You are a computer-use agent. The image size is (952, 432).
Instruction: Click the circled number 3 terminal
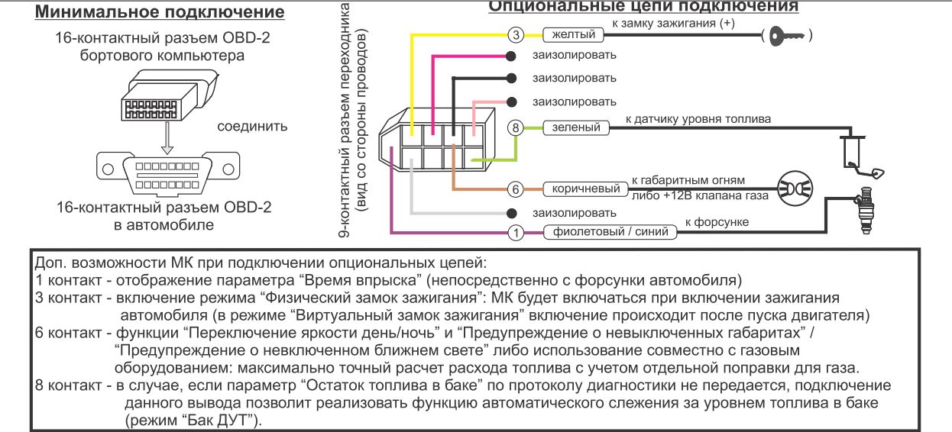tap(516, 35)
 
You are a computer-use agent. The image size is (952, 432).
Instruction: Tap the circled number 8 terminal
tap(516, 127)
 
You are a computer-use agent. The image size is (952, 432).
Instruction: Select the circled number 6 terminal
tap(516, 189)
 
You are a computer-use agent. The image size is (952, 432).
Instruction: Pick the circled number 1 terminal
tap(516, 233)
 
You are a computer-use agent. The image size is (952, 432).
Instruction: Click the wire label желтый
tap(573, 34)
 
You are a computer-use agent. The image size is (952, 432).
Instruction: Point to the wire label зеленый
tap(576, 127)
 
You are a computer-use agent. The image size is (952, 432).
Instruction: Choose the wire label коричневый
tap(586, 189)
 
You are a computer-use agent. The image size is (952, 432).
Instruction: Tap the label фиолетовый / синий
tap(610, 232)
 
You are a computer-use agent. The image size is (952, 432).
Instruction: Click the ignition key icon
tap(787, 36)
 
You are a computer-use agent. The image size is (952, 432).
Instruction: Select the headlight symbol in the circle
tap(795, 189)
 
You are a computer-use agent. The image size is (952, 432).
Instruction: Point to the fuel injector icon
tap(865, 211)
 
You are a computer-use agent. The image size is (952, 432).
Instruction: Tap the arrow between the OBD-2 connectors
tap(167, 138)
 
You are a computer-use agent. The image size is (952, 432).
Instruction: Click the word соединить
tap(252, 126)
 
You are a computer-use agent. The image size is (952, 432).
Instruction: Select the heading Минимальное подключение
tap(160, 11)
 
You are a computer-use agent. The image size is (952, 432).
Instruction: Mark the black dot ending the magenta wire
tap(511, 56)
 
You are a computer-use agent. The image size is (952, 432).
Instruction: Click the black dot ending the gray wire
tap(512, 213)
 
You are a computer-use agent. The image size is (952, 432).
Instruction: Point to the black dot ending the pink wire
tap(512, 102)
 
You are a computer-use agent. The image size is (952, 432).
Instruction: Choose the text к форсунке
tap(717, 222)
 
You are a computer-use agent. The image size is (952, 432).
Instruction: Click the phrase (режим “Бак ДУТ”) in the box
tap(193, 420)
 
